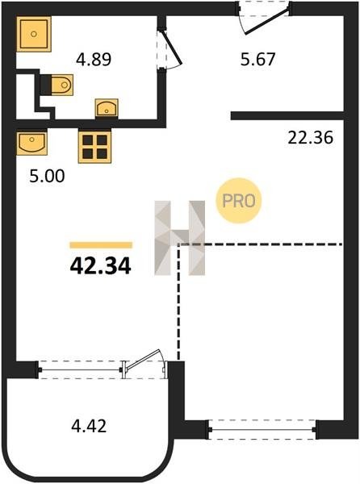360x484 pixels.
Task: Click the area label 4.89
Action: pos(94,59)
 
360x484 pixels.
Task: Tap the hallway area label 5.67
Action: pos(257,59)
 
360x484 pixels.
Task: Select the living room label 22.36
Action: pos(310,137)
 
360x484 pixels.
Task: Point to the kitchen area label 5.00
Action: pos(47,176)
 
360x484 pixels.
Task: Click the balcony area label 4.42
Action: pos(89,426)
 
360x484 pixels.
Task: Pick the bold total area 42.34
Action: pos(100,266)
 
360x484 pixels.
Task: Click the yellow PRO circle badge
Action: pos(239,201)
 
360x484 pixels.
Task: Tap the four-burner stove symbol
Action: pos(94,147)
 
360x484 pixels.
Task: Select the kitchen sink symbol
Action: pos(31,144)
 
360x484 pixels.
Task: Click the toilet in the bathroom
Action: pos(57,85)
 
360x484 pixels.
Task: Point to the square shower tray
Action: pos(34,34)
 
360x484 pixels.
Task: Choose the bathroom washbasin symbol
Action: pos(107,108)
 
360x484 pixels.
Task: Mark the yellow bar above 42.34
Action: pos(101,245)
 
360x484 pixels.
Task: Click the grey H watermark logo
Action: pos(180,237)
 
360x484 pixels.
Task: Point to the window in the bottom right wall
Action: pos(262,429)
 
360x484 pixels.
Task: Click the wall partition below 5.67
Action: pos(287,115)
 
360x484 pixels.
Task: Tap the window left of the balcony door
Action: pos(80,369)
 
